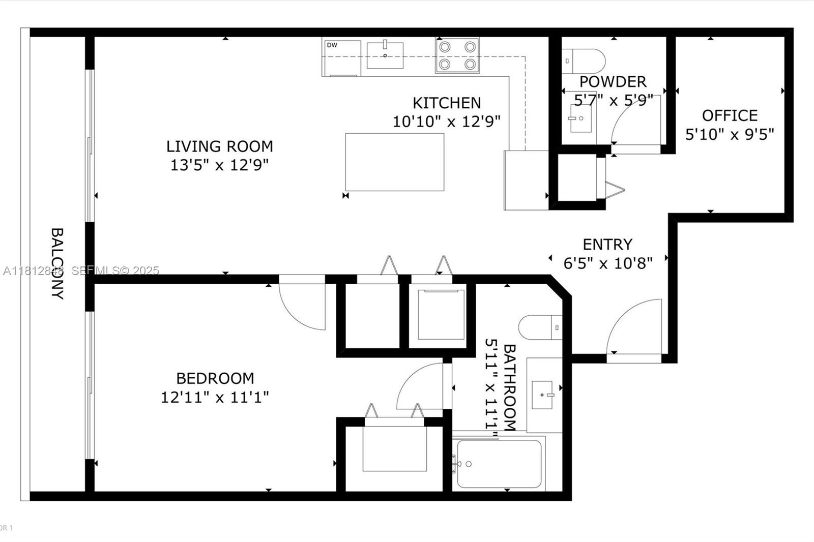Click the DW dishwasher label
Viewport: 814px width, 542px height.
(332, 45)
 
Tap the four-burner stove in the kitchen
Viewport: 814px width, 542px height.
(457, 55)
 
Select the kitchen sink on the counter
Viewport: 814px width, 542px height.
(385, 55)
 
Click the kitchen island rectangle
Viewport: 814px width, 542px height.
(394, 162)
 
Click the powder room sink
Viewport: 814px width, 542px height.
(580, 118)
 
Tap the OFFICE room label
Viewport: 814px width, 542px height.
(730, 116)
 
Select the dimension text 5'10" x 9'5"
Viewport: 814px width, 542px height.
(730, 135)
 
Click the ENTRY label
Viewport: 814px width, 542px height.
(607, 245)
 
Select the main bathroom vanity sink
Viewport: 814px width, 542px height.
(543, 395)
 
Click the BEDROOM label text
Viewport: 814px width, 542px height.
(215, 378)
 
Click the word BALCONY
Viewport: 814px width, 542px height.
(57, 263)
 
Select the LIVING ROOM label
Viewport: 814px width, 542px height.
(219, 146)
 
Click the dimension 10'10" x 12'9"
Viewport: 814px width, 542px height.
(446, 122)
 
